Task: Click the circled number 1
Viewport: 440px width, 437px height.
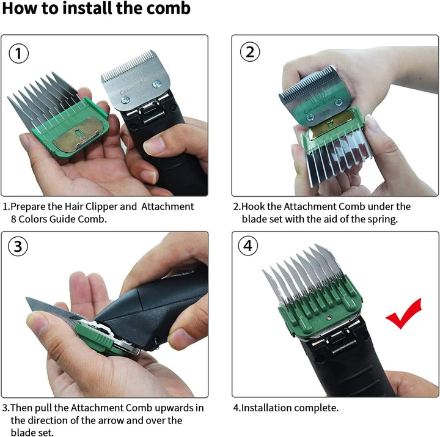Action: (x=18, y=53)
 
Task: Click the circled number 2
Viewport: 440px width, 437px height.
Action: (x=250, y=52)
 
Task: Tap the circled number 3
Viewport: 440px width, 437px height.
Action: (x=18, y=246)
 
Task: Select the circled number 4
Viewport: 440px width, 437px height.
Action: (x=248, y=246)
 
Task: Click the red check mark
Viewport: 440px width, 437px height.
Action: (x=404, y=314)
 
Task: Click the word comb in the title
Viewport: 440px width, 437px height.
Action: (x=169, y=8)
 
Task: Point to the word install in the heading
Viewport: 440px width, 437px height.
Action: (x=88, y=8)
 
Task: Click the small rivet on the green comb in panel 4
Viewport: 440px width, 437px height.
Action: (x=330, y=317)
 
